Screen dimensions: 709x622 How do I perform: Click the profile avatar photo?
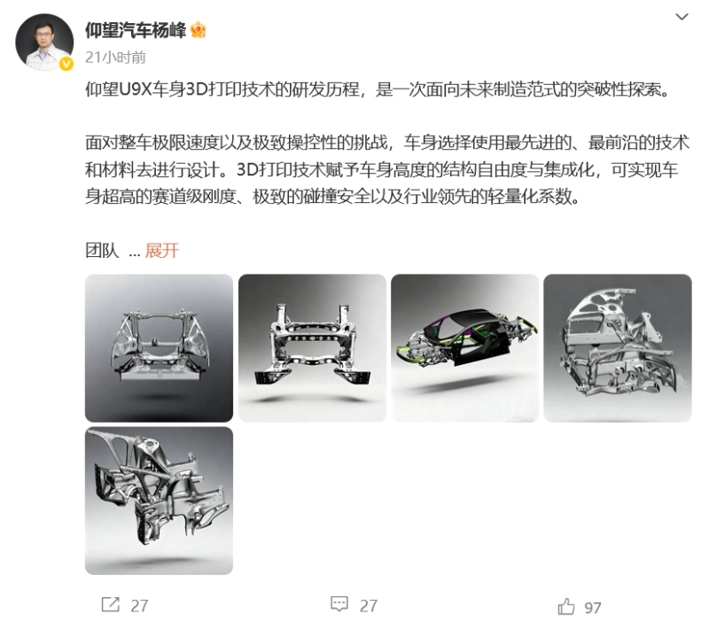click(44, 42)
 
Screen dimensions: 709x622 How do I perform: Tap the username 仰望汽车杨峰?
click(136, 30)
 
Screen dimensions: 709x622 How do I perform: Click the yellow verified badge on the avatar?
click(66, 64)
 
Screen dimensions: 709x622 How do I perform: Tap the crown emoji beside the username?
click(198, 30)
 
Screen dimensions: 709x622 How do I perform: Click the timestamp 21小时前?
click(116, 58)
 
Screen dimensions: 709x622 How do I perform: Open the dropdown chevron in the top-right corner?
click(682, 17)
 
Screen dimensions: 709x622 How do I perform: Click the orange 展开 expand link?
click(162, 250)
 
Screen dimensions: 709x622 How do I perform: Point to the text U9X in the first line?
click(136, 89)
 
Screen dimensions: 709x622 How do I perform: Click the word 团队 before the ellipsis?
click(102, 250)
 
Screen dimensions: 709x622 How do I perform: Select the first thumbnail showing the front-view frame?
click(160, 348)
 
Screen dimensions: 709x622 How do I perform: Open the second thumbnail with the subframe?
click(313, 348)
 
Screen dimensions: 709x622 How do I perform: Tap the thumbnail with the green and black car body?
click(464, 348)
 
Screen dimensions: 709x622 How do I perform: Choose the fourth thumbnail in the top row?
click(618, 348)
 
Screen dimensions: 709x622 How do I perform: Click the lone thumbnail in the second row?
click(160, 501)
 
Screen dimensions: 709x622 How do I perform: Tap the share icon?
click(110, 604)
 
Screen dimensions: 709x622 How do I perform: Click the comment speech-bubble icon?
click(339, 604)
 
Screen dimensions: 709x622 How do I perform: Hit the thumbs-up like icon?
click(566, 606)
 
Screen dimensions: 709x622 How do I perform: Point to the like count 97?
click(593, 608)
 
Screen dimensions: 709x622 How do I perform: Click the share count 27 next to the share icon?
click(139, 606)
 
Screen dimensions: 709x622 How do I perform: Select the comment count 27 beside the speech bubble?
click(369, 606)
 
